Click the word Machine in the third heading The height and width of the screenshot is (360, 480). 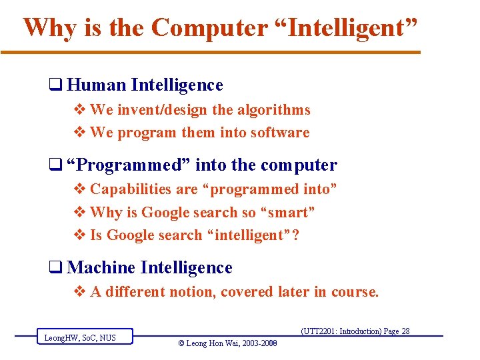pos(101,268)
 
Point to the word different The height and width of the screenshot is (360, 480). pos(138,292)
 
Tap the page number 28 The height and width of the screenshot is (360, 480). pos(405,331)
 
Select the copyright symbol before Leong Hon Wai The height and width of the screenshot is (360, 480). pos(182,344)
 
